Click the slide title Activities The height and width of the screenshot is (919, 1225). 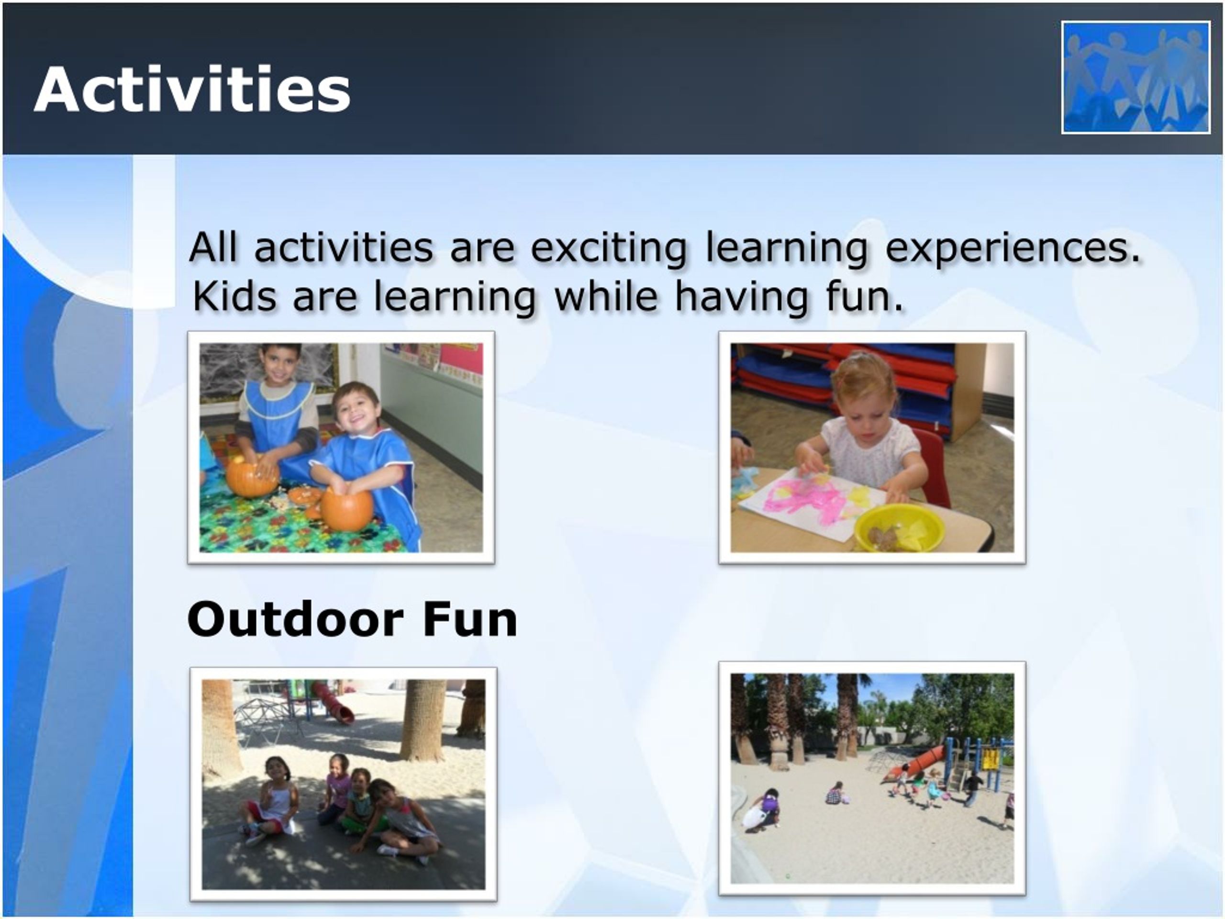click(x=192, y=89)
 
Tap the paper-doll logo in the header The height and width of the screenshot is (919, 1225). click(x=1136, y=77)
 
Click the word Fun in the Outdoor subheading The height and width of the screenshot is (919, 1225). click(x=469, y=619)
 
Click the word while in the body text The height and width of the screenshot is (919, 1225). click(x=606, y=296)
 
